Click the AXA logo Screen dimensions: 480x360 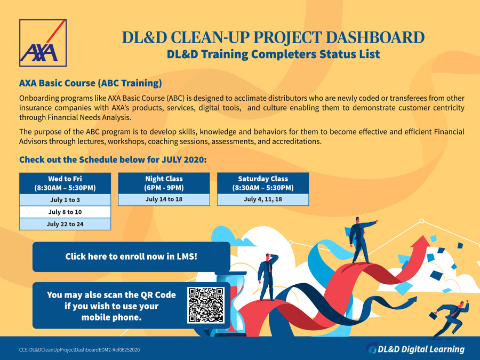click(43, 43)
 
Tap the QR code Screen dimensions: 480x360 click(206, 305)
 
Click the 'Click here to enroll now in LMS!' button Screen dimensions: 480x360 click(131, 257)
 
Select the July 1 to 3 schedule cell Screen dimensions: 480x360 click(65, 200)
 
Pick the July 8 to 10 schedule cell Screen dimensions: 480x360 click(65, 212)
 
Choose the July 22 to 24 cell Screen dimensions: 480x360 click(65, 224)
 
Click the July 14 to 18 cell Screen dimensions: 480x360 click(164, 199)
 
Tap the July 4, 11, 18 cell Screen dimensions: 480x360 click(263, 199)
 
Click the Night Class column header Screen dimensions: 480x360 click(164, 183)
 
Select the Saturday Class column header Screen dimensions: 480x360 click(263, 183)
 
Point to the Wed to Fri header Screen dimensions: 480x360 click(65, 183)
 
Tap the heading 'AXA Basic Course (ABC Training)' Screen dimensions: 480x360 click(91, 83)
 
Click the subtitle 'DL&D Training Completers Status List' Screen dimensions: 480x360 click(274, 54)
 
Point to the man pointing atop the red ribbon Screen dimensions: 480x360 click(361, 241)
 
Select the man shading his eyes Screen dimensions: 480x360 click(268, 277)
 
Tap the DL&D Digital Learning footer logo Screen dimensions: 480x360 click(415, 349)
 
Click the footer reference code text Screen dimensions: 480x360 click(79, 350)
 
